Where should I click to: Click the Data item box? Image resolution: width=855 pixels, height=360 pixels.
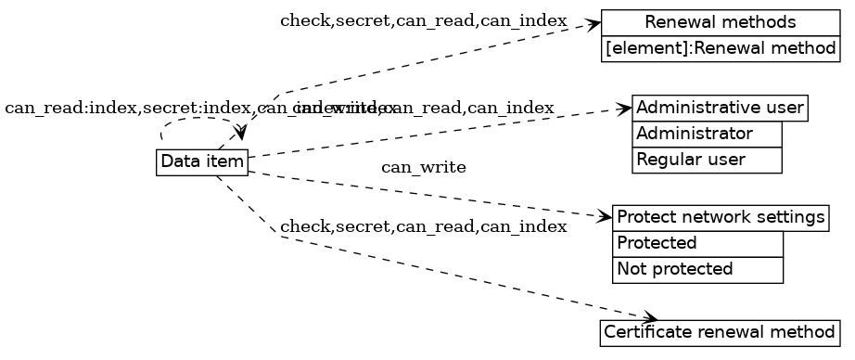pyautogui.click(x=202, y=162)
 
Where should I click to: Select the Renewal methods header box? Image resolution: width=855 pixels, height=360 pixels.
pyautogui.click(x=721, y=22)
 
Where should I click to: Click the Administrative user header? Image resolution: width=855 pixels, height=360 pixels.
pyautogui.click(x=720, y=108)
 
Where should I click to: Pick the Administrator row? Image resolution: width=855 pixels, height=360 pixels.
pyautogui.click(x=707, y=135)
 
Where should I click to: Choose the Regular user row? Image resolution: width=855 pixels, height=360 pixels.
pyautogui.click(x=707, y=160)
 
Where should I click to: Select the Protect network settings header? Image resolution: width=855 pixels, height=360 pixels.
pyautogui.click(x=721, y=218)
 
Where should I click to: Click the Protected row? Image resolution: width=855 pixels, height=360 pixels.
pyautogui.click(x=697, y=244)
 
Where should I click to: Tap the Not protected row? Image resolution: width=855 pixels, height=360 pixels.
pyautogui.click(x=697, y=270)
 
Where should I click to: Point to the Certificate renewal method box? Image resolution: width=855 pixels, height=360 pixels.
pyautogui.click(x=721, y=332)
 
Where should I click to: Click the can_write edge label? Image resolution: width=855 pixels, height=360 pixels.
pyautogui.click(x=423, y=168)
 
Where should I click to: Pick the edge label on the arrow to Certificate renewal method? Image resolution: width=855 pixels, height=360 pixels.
pyautogui.click(x=423, y=227)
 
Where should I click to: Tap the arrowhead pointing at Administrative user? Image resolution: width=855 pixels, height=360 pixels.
pyautogui.click(x=624, y=109)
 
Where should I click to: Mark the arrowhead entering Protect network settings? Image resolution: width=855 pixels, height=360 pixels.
pyautogui.click(x=606, y=217)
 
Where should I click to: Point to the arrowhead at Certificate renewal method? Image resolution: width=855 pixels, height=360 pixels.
pyautogui.click(x=649, y=319)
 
